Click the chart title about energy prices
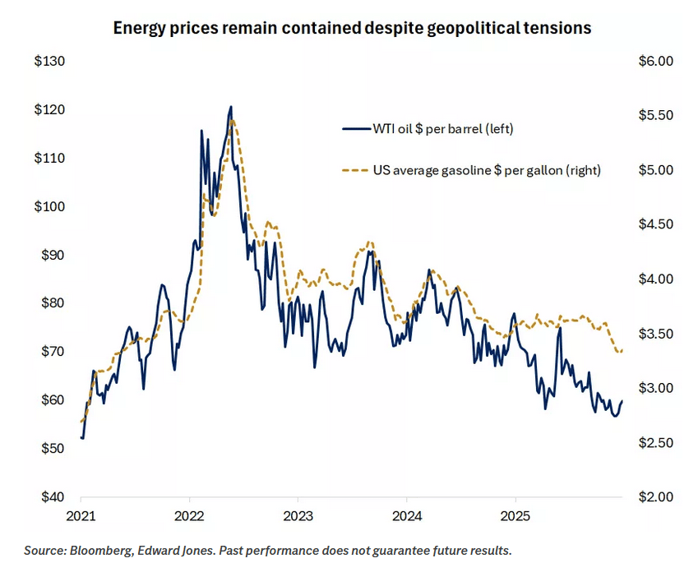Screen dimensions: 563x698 click(x=353, y=28)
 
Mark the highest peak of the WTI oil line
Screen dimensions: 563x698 click(x=231, y=106)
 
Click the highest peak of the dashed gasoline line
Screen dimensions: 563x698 click(x=233, y=120)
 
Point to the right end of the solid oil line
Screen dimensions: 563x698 click(x=622, y=401)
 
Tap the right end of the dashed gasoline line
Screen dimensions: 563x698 click(x=622, y=351)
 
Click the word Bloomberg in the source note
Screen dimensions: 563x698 click(x=92, y=550)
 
